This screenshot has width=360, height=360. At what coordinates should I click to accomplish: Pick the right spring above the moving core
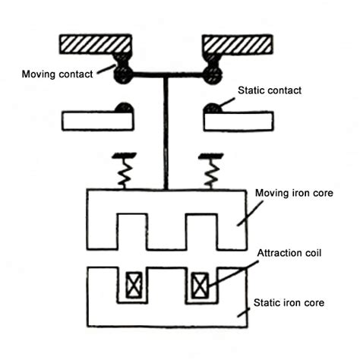pyautogui.click(x=210, y=170)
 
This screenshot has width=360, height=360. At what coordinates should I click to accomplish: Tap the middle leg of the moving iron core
pyautogui.click(x=166, y=232)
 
